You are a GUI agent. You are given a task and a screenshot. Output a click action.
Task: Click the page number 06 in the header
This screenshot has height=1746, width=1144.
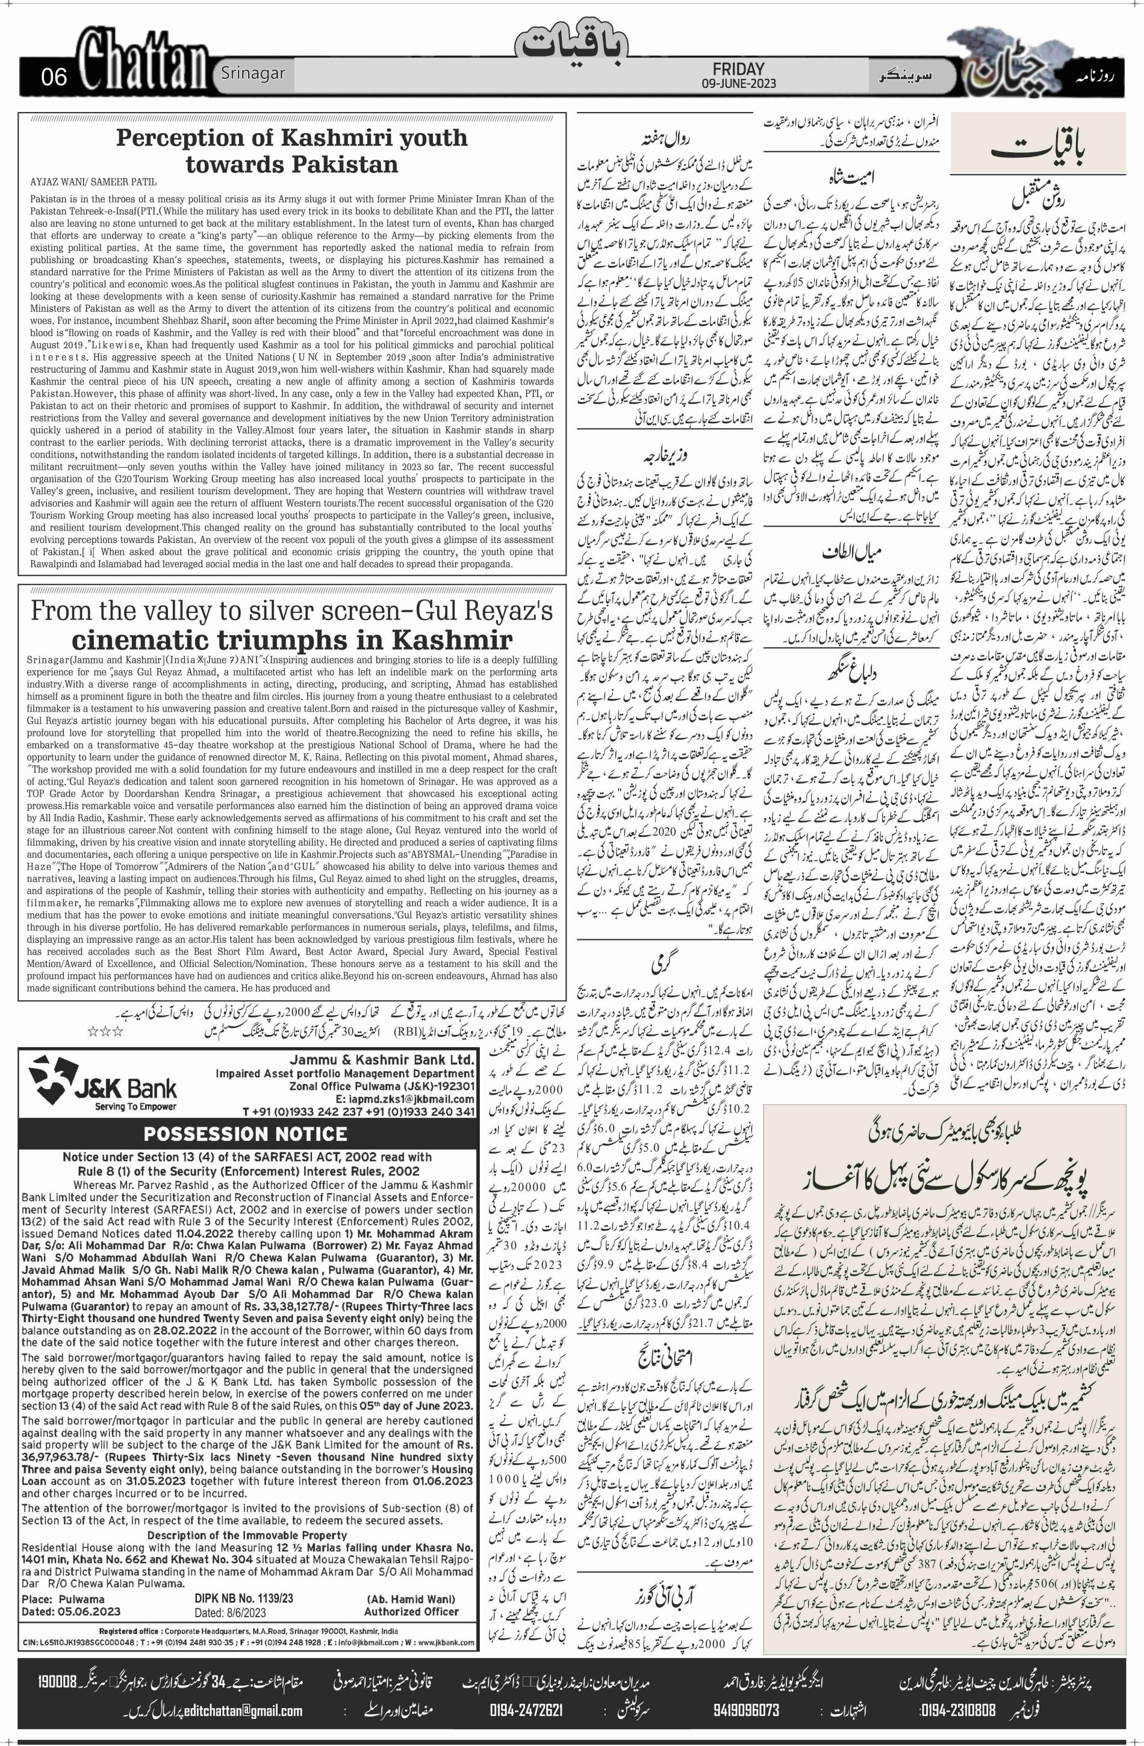(x=54, y=76)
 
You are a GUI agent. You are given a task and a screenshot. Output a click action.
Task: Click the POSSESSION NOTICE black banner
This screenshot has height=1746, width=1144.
(x=245, y=1134)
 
